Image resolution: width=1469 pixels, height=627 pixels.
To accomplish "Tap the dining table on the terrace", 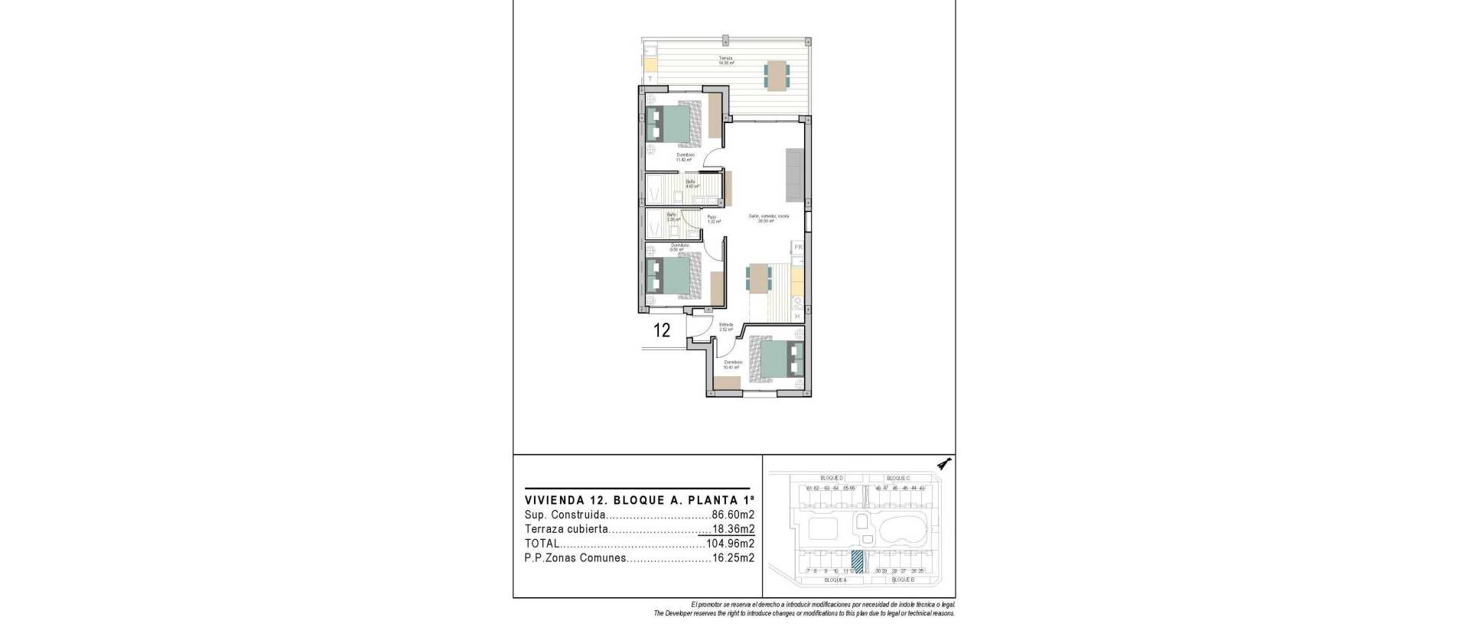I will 777,75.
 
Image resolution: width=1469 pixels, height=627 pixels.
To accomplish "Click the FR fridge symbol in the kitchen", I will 797,248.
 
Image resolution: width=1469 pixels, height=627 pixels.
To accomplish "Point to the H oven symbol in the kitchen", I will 797,316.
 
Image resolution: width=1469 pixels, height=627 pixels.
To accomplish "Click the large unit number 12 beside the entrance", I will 662,330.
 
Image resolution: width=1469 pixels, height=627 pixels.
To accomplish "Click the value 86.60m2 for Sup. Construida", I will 733,515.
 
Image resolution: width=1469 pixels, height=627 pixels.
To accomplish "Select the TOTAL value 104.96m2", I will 730,544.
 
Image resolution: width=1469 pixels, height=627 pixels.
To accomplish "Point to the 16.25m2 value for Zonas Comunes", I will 733,559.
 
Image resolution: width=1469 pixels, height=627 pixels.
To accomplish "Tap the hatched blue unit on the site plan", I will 858,561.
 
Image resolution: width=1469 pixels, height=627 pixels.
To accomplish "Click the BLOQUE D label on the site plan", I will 831,478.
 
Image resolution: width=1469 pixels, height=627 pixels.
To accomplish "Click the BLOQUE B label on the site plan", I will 903,580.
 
